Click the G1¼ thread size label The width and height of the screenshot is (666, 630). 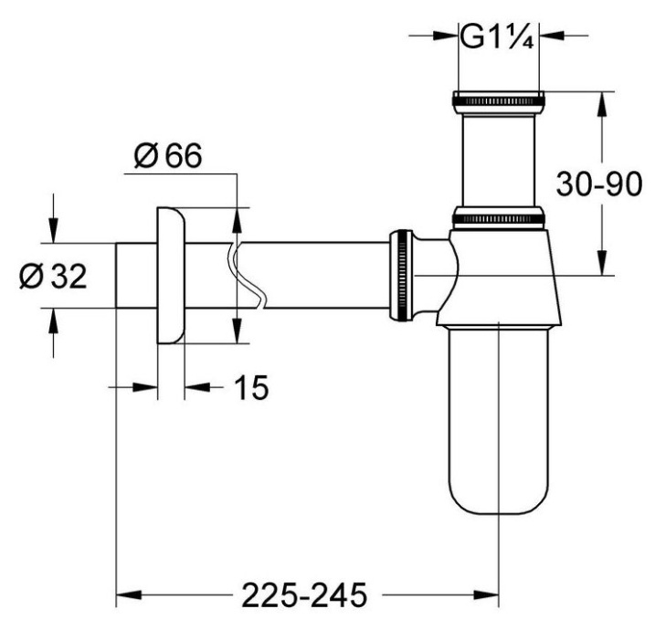(x=496, y=37)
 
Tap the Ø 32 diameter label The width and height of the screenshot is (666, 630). (x=52, y=276)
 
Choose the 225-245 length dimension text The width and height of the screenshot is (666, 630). (x=303, y=595)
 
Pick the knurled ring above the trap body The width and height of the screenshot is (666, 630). (x=498, y=216)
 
